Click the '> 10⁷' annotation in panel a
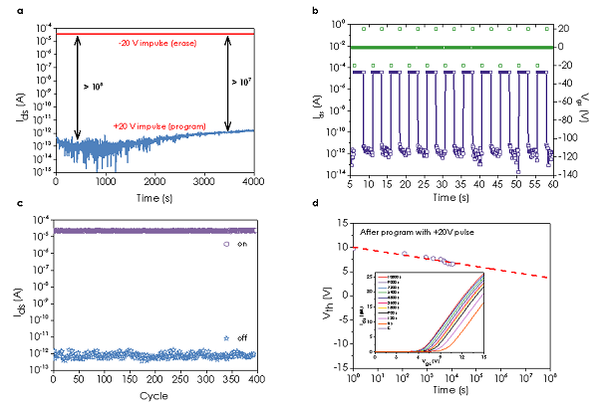coord(241,82)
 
